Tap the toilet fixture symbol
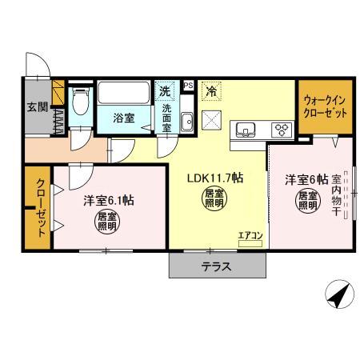click(80, 105)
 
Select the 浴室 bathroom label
click(122, 118)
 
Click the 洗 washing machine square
click(165, 90)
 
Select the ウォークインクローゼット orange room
click(324, 107)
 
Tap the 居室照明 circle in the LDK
click(214, 198)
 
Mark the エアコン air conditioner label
click(249, 234)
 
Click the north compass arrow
click(341, 297)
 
